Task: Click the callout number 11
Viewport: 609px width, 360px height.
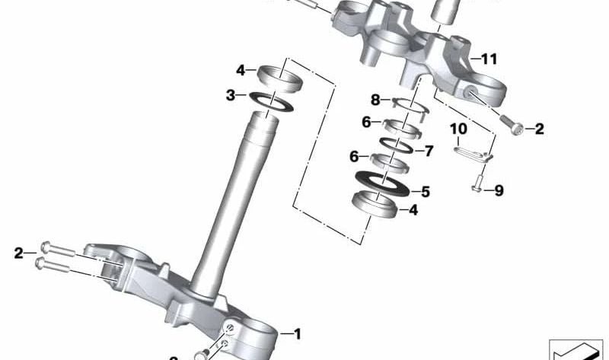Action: [489, 58]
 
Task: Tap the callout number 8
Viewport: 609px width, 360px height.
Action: [375, 100]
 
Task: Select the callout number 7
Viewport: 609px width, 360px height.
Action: [428, 151]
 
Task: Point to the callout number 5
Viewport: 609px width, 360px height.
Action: [425, 192]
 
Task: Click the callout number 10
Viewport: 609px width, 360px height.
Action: [458, 129]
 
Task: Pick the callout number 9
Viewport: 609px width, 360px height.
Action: [499, 191]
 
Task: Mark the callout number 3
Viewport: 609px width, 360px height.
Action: [231, 95]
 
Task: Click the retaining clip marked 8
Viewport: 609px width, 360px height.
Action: [403, 110]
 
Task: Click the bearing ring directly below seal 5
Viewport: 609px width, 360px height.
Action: [375, 205]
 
